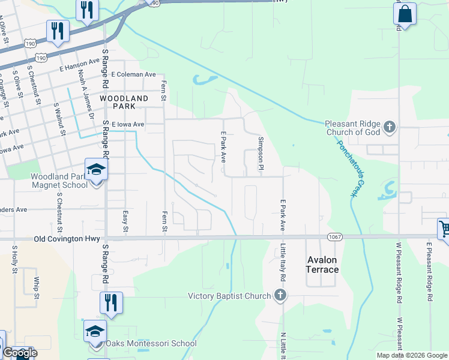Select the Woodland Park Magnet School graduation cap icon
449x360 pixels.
(95, 171)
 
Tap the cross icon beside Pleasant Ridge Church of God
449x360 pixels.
(390, 127)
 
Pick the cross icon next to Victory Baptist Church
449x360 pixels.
(279, 295)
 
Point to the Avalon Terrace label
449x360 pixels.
(323, 265)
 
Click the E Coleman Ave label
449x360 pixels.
(133, 74)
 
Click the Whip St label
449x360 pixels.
(37, 287)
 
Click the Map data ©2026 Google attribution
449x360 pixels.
(412, 355)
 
